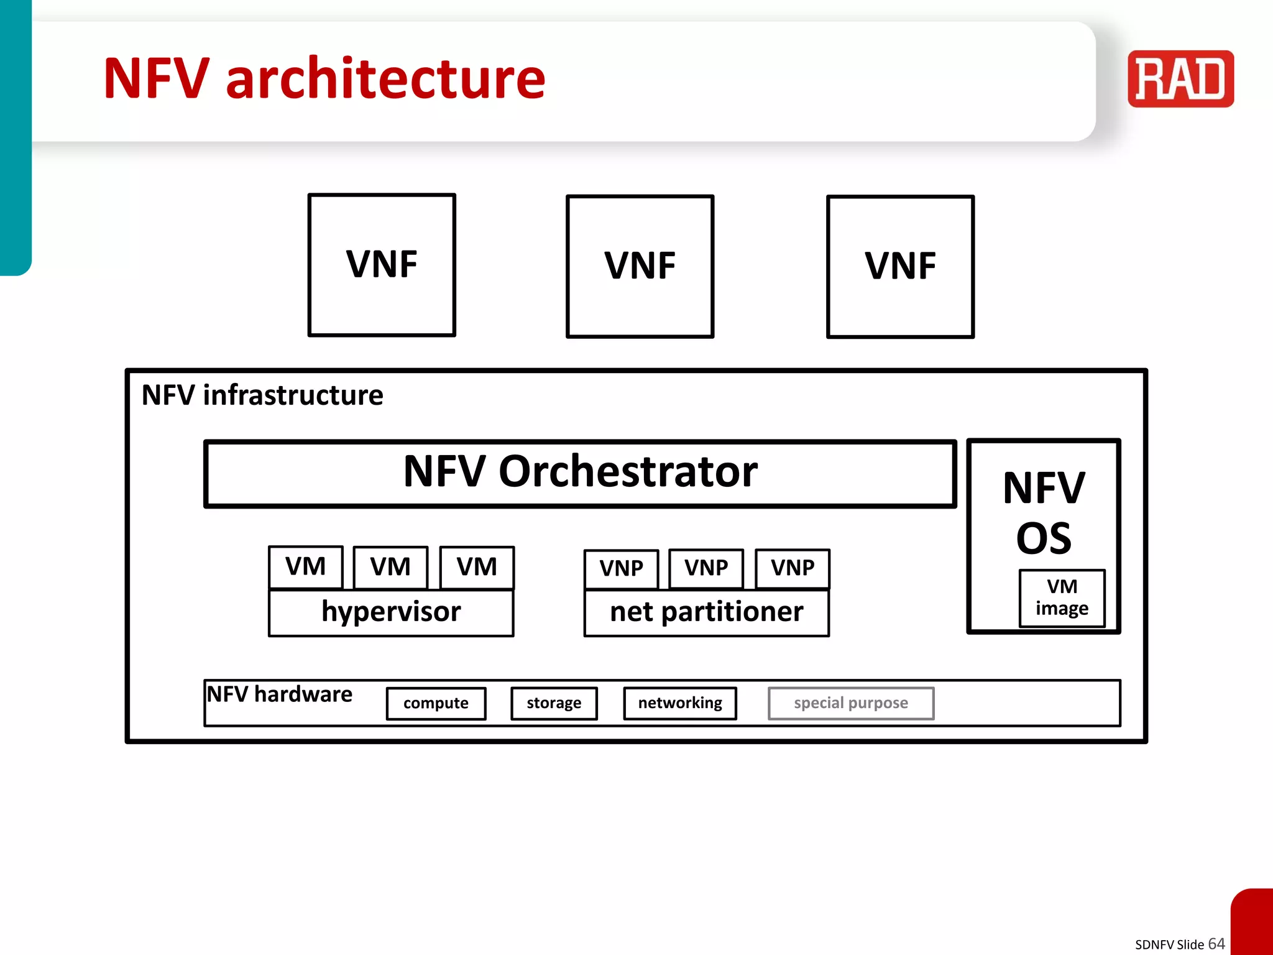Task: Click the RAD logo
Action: click(x=1180, y=79)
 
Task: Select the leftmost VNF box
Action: click(x=382, y=265)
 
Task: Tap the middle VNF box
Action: click(x=640, y=266)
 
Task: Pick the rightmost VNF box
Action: click(x=900, y=267)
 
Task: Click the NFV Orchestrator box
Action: click(x=580, y=473)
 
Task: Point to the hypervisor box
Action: click(x=391, y=612)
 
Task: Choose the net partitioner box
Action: click(x=706, y=612)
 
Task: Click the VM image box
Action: click(x=1062, y=597)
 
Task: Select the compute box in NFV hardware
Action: click(x=436, y=703)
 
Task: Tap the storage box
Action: click(x=554, y=703)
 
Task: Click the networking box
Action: click(x=680, y=703)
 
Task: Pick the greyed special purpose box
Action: click(x=851, y=703)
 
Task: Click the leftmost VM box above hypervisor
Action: click(x=305, y=567)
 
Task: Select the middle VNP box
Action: click(x=706, y=568)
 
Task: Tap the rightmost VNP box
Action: click(x=793, y=568)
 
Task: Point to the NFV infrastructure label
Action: click(x=262, y=395)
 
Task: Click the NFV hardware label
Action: click(x=280, y=694)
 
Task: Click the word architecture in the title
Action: click(x=385, y=79)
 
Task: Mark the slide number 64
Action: click(x=1216, y=943)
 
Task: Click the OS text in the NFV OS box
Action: click(x=1044, y=538)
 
